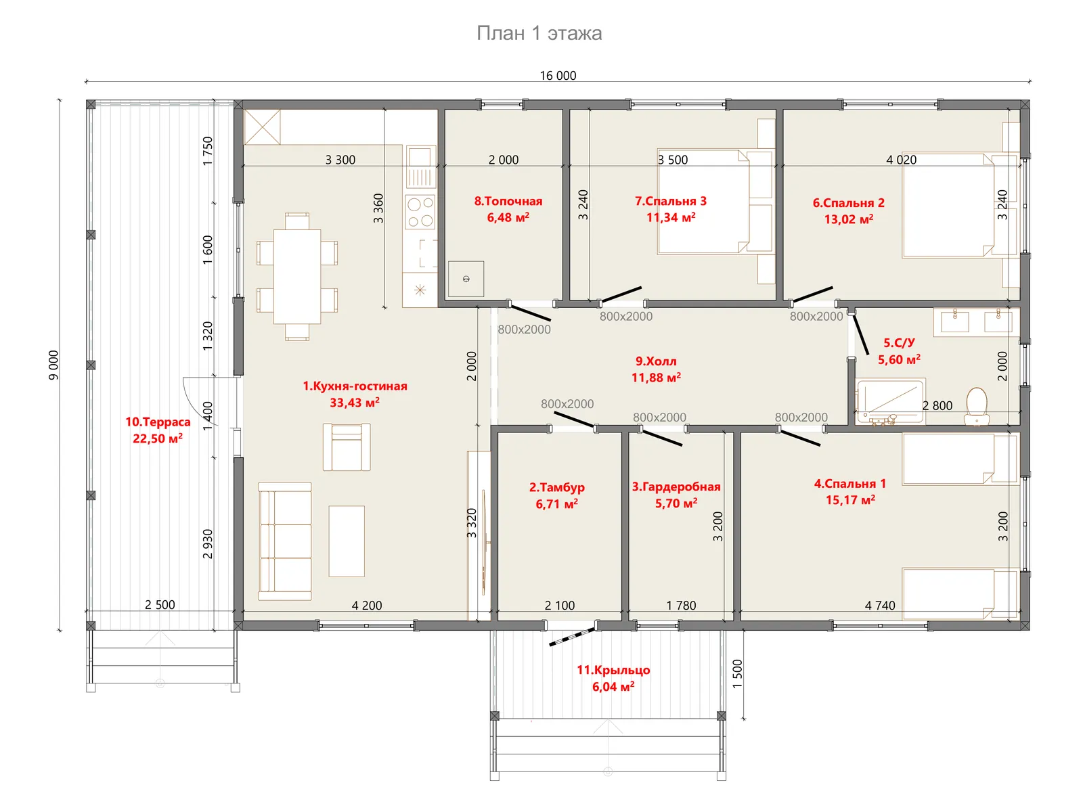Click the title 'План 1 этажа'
(x=539, y=34)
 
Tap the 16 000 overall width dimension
(x=558, y=75)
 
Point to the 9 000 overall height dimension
(x=53, y=365)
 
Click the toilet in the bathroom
(x=976, y=406)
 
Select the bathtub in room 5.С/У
(x=891, y=401)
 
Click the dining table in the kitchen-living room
(x=297, y=277)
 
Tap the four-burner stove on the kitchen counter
(x=420, y=212)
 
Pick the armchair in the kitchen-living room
(x=347, y=447)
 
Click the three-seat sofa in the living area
(x=285, y=541)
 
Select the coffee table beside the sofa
(x=347, y=541)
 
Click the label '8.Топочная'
(x=508, y=201)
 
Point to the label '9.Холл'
(x=656, y=361)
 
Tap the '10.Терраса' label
(x=158, y=422)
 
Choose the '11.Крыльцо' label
(x=613, y=669)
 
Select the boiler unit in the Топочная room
(x=466, y=279)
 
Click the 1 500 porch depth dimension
(x=736, y=673)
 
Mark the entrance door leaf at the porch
(x=572, y=637)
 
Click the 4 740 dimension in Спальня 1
(x=879, y=605)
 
